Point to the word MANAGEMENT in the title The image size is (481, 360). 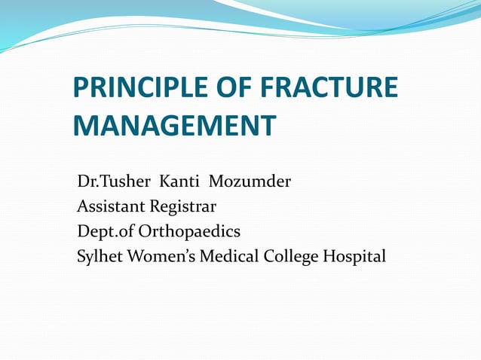click(x=173, y=126)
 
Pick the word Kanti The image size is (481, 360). click(x=179, y=182)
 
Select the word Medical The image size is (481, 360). click(x=229, y=256)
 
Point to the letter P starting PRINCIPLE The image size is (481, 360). click(x=81, y=89)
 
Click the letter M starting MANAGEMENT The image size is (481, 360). click(x=86, y=126)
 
